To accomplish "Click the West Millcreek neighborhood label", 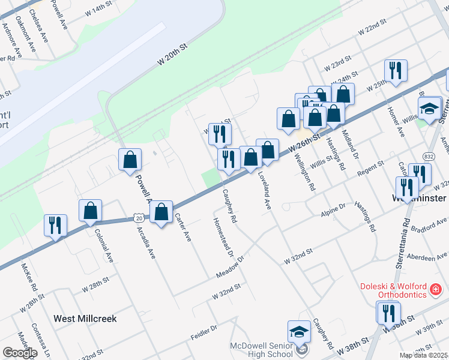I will click(85, 319).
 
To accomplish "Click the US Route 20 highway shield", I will click(139, 218).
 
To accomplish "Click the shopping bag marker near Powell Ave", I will click(130, 160).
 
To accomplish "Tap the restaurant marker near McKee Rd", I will click(55, 226).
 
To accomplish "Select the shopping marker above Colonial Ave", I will click(90, 211).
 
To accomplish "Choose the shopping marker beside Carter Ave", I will click(161, 213).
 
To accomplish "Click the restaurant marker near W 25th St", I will click(395, 71).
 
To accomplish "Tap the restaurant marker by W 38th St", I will click(388, 313).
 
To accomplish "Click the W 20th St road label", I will click(173, 55).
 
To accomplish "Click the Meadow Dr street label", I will click(231, 268).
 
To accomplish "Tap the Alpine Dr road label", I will click(334, 208).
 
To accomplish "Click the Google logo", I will click(20, 353).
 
